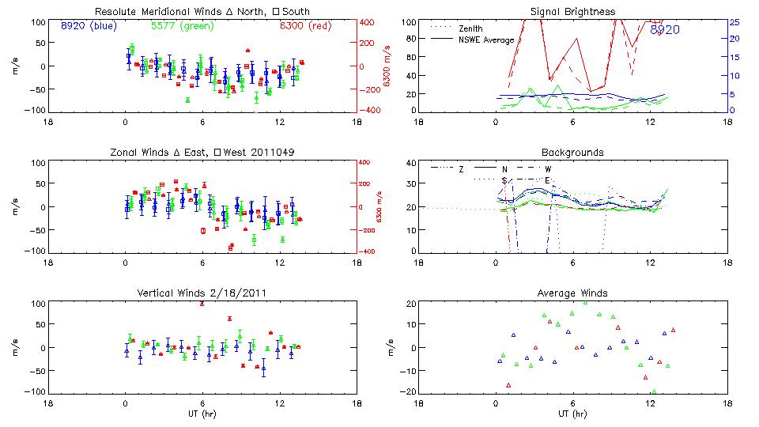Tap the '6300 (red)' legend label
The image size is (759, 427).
pyautogui.click(x=304, y=26)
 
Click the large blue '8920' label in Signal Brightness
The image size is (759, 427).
pyautogui.click(x=665, y=30)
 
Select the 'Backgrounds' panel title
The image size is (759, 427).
pyautogui.click(x=572, y=152)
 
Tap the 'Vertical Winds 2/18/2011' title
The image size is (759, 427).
pyautogui.click(x=202, y=293)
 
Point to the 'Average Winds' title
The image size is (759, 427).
pyautogui.click(x=572, y=293)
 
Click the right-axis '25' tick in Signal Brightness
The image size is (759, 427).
pyautogui.click(x=734, y=22)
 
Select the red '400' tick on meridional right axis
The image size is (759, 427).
pyautogui.click(x=368, y=22)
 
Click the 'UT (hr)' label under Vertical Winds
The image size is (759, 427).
pyautogui.click(x=202, y=413)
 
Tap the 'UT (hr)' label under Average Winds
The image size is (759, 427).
pyautogui.click(x=572, y=413)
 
